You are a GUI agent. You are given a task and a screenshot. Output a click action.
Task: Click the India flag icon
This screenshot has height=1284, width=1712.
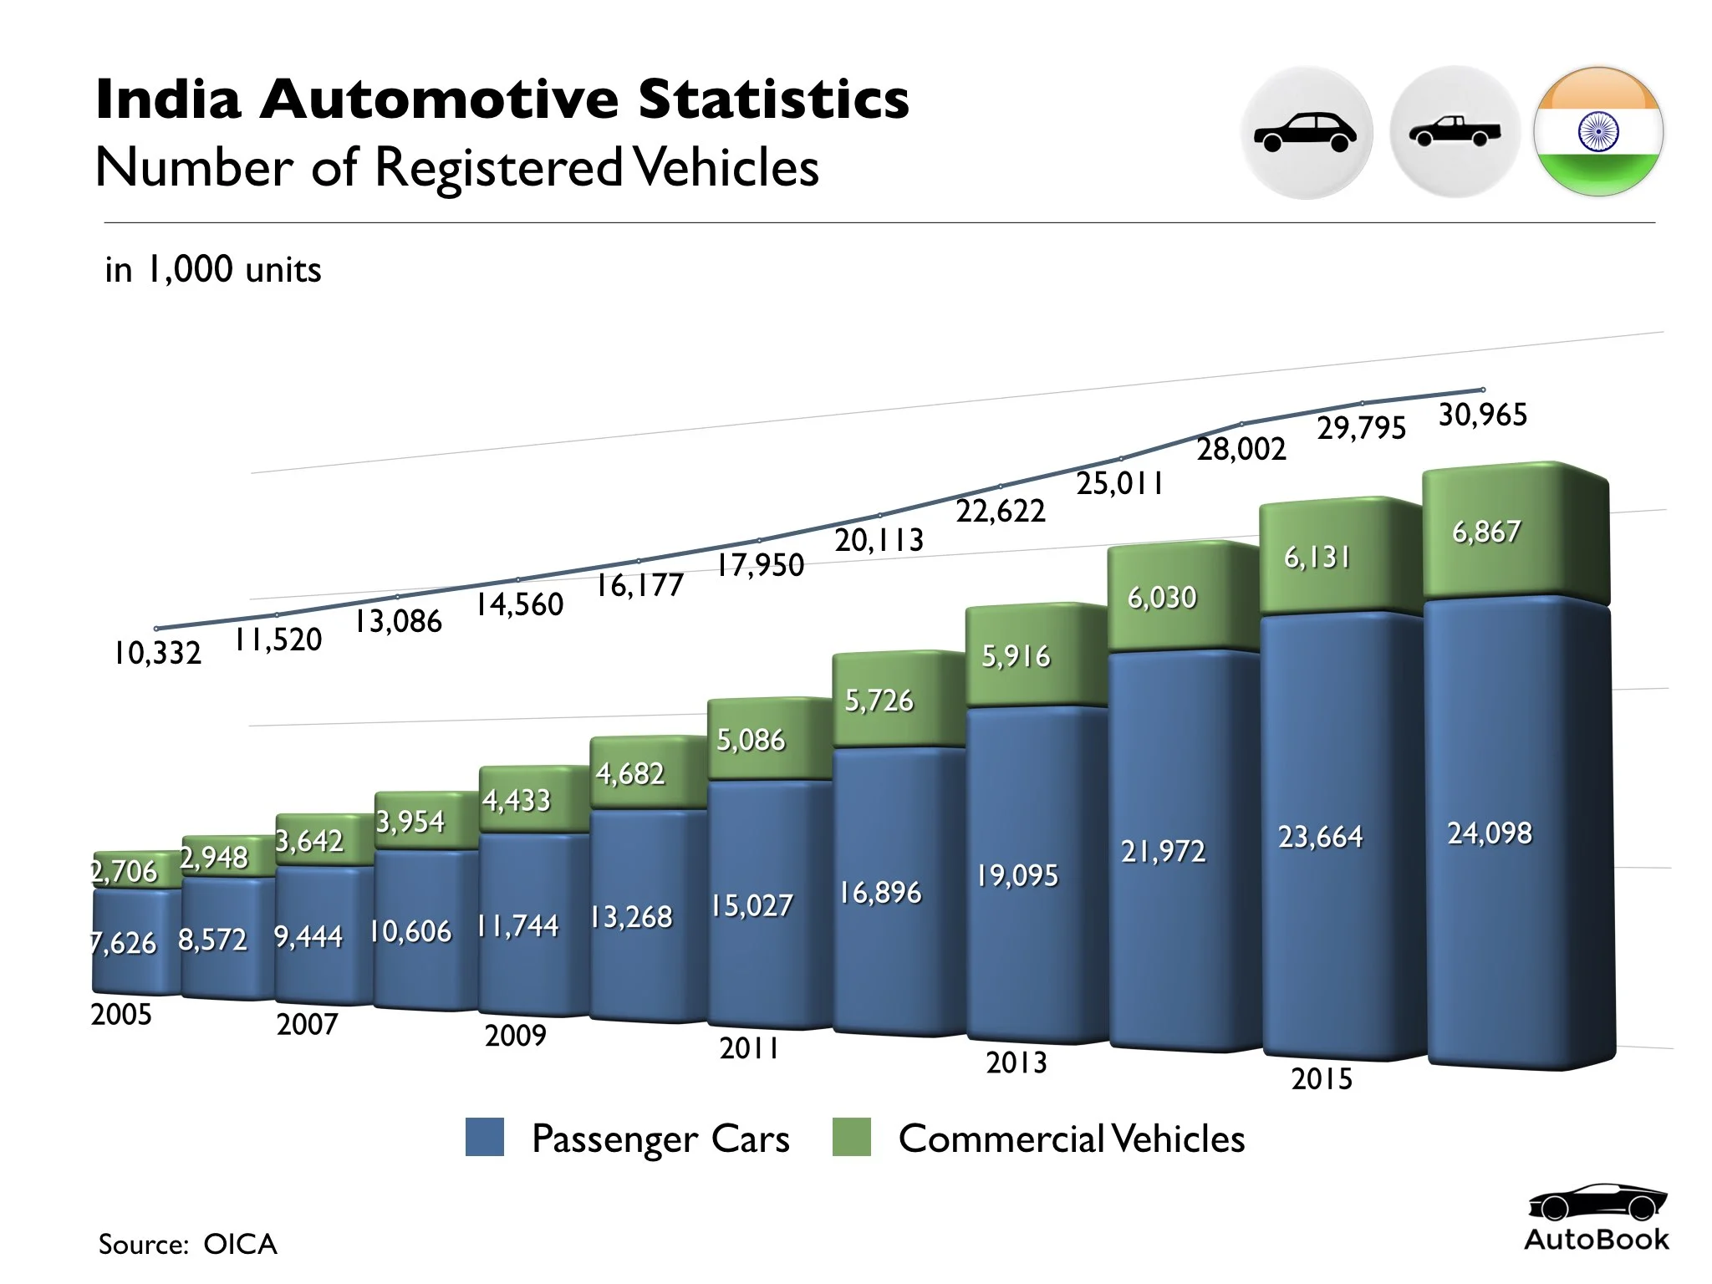point(1597,132)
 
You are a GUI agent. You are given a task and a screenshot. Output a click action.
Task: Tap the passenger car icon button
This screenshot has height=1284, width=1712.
point(1306,132)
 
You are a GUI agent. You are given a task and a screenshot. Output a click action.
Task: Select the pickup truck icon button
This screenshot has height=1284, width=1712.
point(1454,132)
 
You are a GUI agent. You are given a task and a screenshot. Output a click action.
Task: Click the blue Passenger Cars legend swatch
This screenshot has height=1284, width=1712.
point(485,1138)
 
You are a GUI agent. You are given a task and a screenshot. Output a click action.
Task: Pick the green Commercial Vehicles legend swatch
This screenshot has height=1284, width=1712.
point(851,1138)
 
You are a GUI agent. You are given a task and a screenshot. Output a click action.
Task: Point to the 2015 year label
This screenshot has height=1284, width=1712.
point(1321,1079)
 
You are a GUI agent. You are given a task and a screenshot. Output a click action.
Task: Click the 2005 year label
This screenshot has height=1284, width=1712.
point(121,1015)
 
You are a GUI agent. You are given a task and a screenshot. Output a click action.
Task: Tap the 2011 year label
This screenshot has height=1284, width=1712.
point(749,1048)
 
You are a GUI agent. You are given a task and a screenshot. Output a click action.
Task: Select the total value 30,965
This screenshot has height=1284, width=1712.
point(1482,415)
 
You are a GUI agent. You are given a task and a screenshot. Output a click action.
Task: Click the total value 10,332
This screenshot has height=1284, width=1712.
point(157,653)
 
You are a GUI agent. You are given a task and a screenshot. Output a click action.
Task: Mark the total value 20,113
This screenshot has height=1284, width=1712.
point(879,541)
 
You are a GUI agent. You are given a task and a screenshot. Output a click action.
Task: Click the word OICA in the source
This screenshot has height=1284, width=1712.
point(240,1245)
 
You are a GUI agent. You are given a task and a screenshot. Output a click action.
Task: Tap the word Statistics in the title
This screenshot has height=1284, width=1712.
point(773,99)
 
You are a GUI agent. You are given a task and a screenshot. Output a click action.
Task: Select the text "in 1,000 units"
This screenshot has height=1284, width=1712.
point(213,270)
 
